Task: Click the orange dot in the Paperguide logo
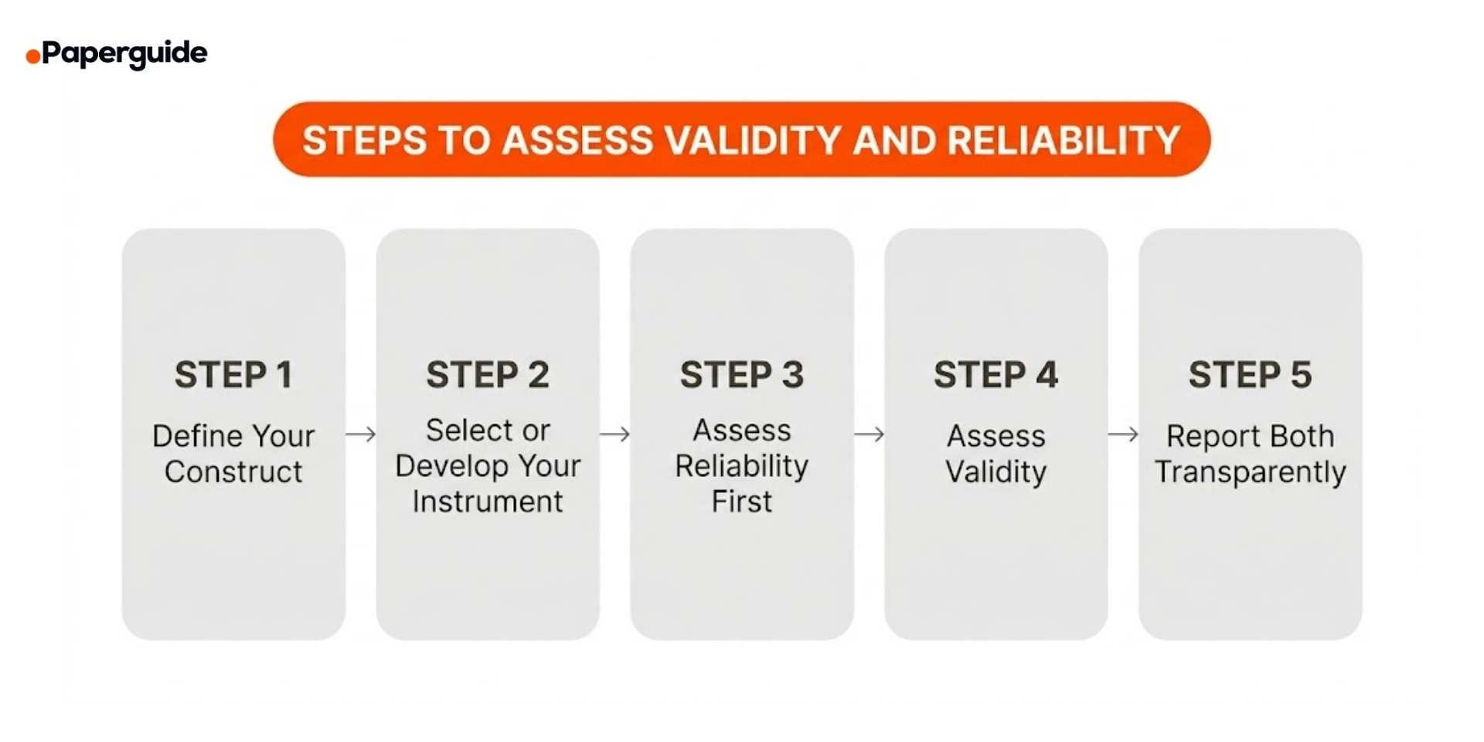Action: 33,56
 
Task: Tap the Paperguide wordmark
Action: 124,53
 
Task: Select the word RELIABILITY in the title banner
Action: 1064,141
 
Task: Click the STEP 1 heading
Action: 233,375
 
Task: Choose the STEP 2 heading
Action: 488,375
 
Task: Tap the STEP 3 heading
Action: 742,375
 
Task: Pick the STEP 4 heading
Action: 996,375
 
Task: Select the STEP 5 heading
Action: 1250,375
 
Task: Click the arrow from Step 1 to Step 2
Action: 361,434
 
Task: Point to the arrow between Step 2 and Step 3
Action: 615,434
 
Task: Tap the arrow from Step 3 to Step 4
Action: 870,434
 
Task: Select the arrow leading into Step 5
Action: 1123,434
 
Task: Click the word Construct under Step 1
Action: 233,471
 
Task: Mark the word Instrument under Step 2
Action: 488,502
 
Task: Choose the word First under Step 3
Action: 742,502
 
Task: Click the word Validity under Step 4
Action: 996,471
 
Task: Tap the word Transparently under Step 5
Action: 1250,471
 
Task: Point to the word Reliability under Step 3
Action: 742,466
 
